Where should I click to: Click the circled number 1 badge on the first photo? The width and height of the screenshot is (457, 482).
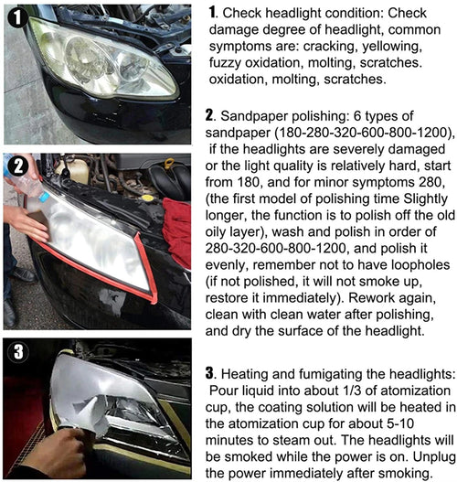(16, 16)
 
